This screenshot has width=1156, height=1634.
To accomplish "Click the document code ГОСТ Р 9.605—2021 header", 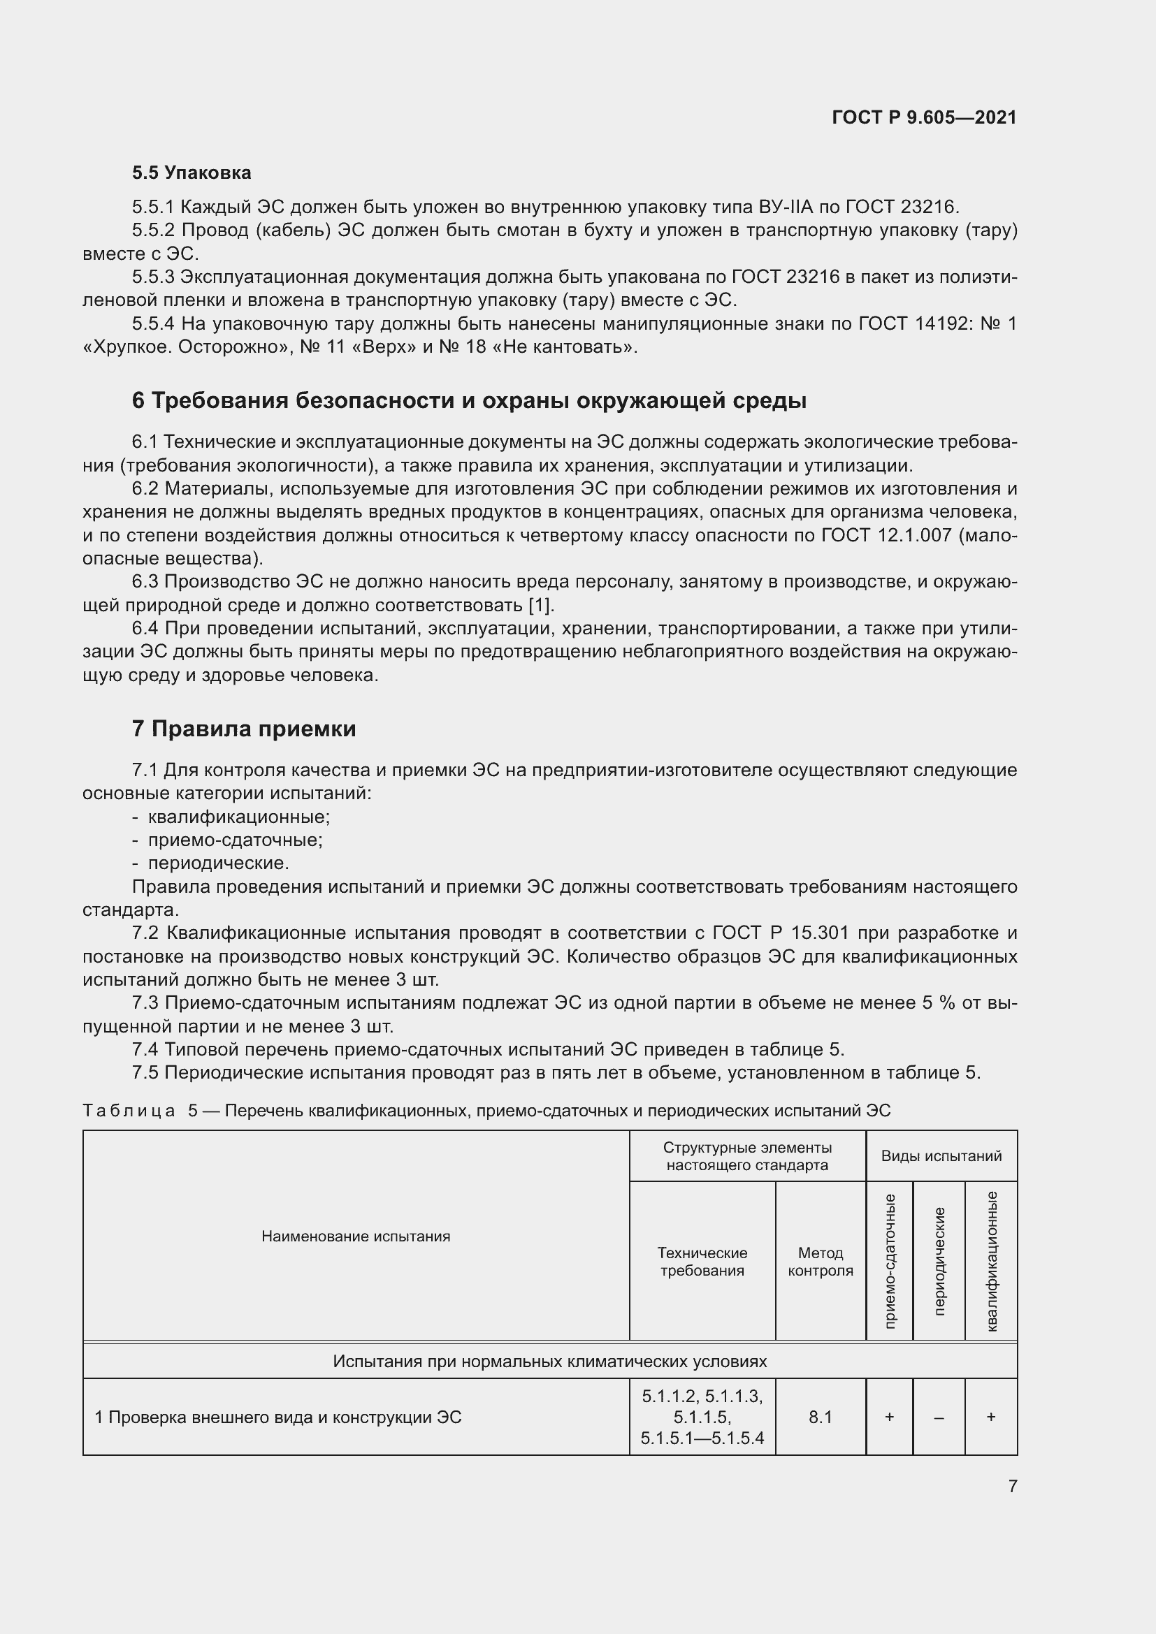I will pos(924,117).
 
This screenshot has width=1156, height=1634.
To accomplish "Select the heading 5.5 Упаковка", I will pos(192,173).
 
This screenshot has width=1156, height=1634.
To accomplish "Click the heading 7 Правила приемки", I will pos(243,729).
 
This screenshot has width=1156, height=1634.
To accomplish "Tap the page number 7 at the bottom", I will pos(1012,1486).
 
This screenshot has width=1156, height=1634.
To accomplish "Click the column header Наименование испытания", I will pos(356,1237).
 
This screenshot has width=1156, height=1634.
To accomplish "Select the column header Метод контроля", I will pos(820,1261).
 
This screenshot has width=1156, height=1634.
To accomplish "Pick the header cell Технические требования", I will pos(702,1261).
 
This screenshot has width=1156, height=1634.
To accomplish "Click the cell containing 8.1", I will pos(820,1417).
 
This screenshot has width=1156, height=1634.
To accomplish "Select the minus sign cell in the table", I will pos(939,1417).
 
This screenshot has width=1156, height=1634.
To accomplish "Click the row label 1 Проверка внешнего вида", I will pos(277,1417).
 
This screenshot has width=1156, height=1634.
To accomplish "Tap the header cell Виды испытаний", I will pos(941,1155).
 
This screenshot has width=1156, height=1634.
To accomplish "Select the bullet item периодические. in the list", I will pos(219,863).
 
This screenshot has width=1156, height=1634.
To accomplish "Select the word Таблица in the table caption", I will pos(129,1111).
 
